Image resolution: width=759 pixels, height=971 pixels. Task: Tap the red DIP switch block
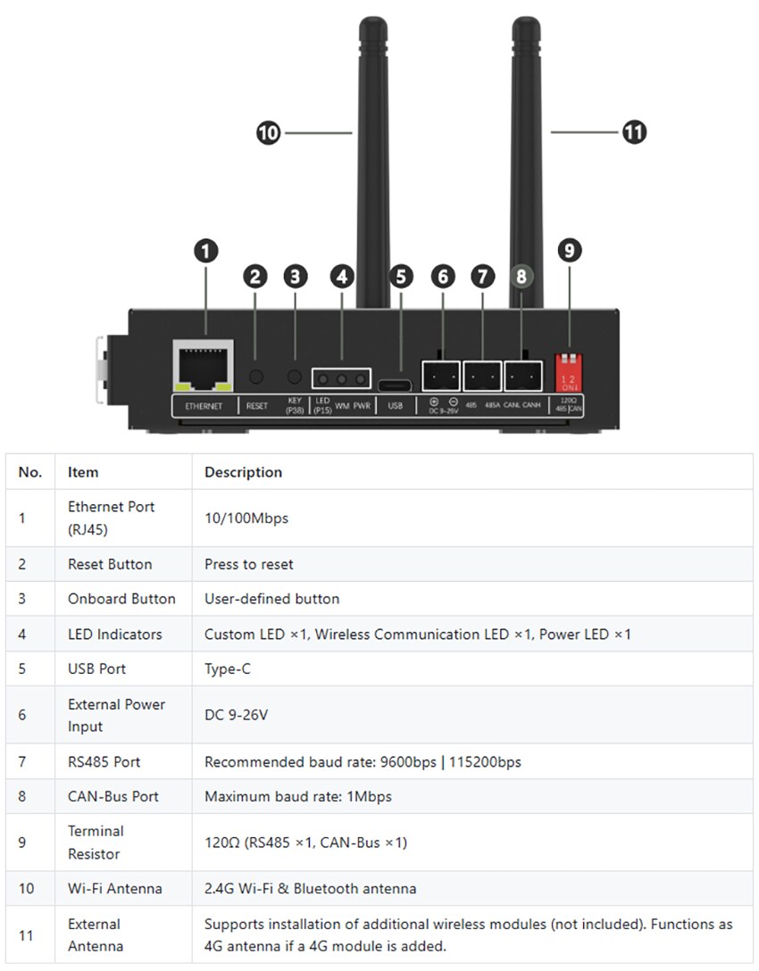[569, 370]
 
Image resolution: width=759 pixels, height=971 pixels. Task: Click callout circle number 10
[268, 134]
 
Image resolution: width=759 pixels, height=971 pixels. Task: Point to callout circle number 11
[633, 132]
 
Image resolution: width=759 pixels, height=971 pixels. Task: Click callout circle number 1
[206, 251]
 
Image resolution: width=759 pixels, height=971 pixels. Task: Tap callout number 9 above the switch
[569, 251]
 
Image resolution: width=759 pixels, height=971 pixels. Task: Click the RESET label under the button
[256, 406]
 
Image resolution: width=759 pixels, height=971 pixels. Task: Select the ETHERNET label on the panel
[204, 406]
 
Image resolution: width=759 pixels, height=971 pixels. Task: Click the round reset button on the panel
[257, 378]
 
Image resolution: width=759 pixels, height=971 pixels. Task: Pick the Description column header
[243, 472]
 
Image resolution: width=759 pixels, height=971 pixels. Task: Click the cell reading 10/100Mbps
[246, 518]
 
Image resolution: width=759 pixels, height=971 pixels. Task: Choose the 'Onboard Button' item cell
[121, 599]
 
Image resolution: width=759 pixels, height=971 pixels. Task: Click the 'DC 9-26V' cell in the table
[236, 715]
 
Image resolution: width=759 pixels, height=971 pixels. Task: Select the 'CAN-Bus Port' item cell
[113, 796]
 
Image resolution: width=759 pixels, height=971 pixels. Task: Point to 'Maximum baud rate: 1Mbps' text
[297, 796]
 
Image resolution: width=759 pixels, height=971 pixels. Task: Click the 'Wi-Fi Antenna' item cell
[115, 888]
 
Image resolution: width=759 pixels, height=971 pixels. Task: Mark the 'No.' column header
[30, 472]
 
